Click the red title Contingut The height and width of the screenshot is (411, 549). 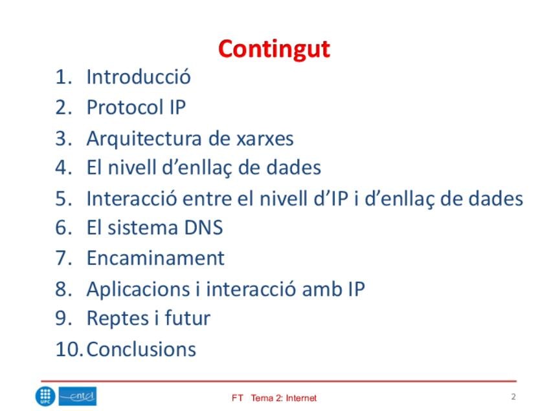(x=274, y=49)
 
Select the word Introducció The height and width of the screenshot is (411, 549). (x=139, y=76)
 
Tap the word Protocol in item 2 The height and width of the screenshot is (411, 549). (x=126, y=107)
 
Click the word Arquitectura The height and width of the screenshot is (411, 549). (x=144, y=139)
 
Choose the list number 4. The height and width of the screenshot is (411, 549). (x=63, y=167)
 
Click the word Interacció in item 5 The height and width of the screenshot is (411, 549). (x=131, y=198)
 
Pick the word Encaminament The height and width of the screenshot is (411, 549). (x=155, y=258)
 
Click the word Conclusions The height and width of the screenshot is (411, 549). (x=141, y=349)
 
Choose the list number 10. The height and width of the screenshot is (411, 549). (x=69, y=349)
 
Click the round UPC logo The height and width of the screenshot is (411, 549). (x=45, y=396)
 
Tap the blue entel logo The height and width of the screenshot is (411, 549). (x=78, y=396)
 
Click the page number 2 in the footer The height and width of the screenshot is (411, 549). (x=513, y=397)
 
